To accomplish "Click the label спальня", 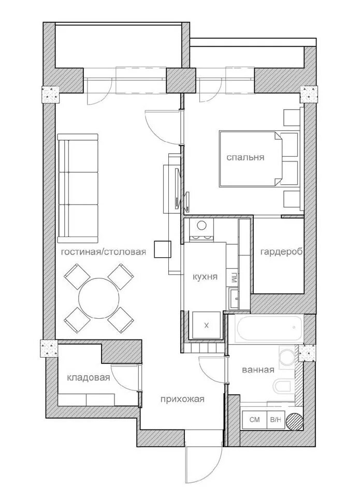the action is [x=245, y=157].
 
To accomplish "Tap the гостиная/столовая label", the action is [x=103, y=252].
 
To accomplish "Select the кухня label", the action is [x=205, y=277].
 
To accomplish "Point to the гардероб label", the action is [x=281, y=252].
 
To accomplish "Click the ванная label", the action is [x=258, y=369].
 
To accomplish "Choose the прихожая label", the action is [x=182, y=398].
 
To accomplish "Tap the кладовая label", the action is [x=89, y=378].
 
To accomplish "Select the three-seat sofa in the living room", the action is [x=78, y=188].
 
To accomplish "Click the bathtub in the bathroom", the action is [x=270, y=328].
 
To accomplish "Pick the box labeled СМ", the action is [x=254, y=420].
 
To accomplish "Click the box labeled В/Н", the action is [x=275, y=420].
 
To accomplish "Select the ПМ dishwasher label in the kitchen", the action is [x=234, y=277].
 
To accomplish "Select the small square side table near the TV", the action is [x=162, y=249].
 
